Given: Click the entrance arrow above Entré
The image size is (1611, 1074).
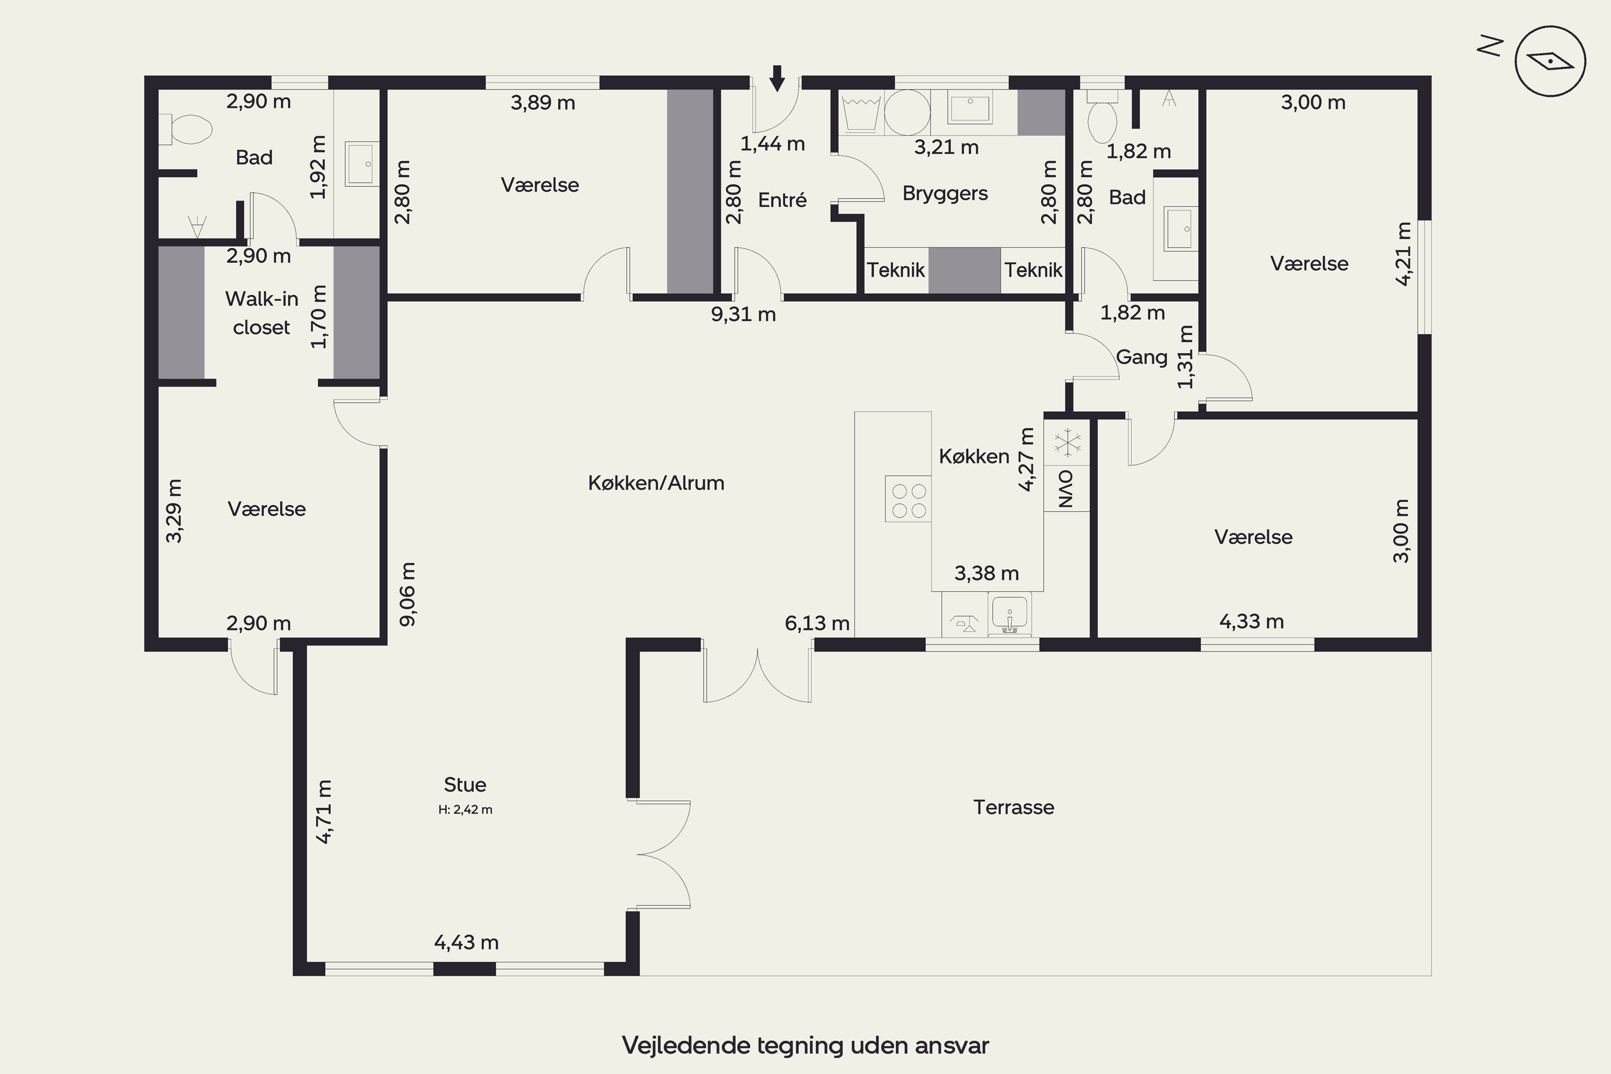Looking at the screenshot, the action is (x=777, y=77).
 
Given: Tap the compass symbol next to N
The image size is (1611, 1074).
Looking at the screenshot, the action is (x=1550, y=61).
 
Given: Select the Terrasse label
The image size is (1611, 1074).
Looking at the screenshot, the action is (x=1014, y=807).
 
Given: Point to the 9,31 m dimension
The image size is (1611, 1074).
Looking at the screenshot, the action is (x=743, y=314).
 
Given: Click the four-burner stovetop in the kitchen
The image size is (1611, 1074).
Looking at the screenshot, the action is (x=908, y=499).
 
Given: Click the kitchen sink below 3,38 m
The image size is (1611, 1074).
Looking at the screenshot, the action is (x=1009, y=614).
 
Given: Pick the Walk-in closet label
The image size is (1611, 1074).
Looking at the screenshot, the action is (x=262, y=313).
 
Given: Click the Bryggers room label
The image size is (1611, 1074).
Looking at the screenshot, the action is (x=945, y=194).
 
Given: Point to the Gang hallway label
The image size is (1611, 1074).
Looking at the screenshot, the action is (x=1142, y=357).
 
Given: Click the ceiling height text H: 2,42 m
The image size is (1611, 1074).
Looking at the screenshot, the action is (x=466, y=810).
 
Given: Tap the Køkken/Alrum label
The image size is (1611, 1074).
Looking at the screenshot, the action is (x=656, y=483).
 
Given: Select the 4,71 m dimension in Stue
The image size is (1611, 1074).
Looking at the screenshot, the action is (x=324, y=811).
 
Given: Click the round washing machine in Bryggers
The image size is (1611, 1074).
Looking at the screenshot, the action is (x=908, y=112).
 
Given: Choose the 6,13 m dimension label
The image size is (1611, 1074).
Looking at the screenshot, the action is (x=817, y=623).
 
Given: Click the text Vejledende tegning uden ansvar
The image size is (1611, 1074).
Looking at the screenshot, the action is (x=805, y=1045).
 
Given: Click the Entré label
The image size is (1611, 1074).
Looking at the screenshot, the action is (x=782, y=200).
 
